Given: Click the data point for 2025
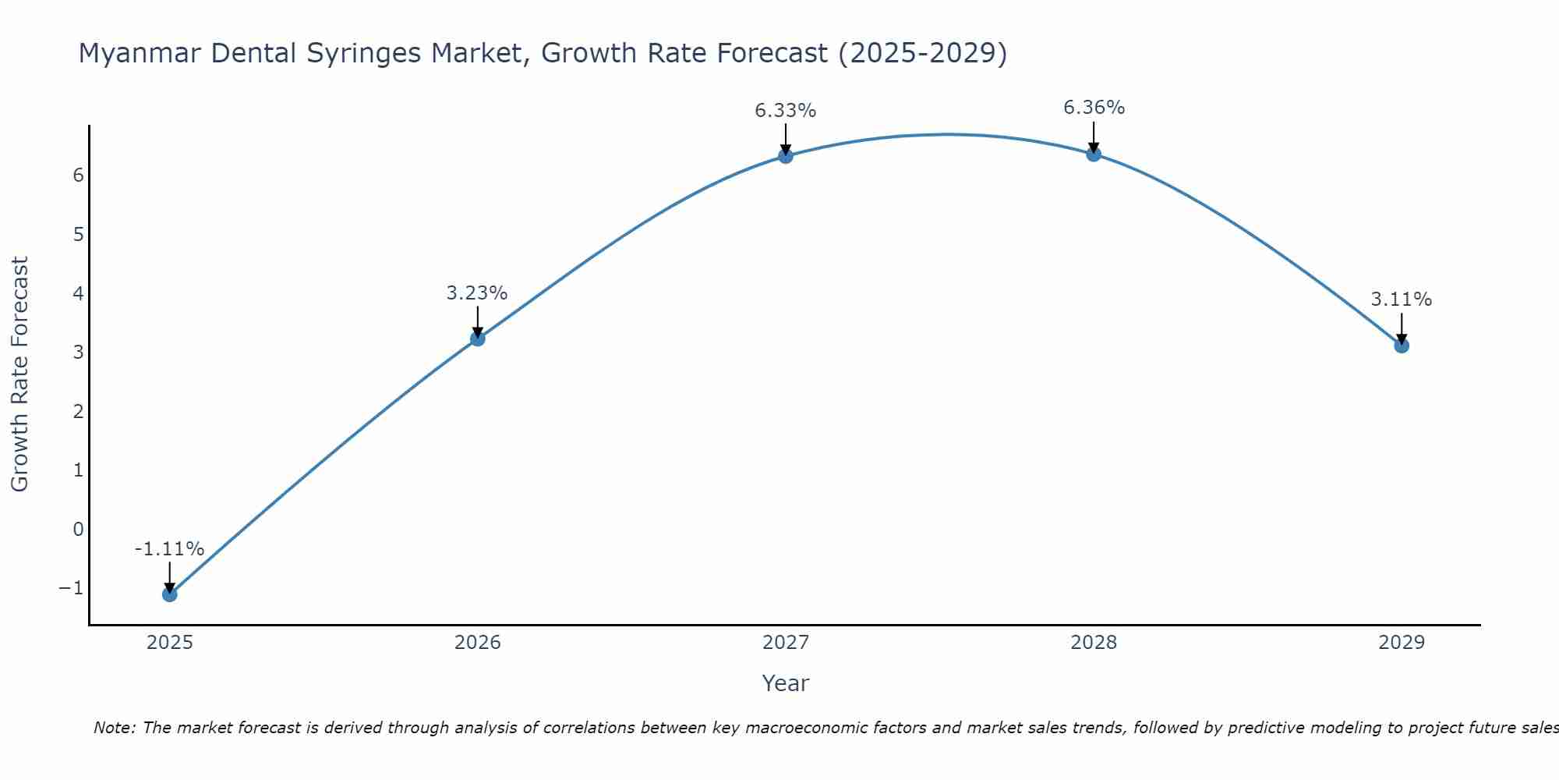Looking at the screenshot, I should pos(170,594).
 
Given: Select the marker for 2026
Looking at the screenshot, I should pos(478,339).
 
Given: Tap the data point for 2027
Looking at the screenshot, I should pos(786,156).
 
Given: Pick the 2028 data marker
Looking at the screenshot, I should pos(1094,154).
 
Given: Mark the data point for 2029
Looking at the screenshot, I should pos(1402,346).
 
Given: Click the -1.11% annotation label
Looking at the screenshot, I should pos(169,549).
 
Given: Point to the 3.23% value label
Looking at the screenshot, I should pos(477,293).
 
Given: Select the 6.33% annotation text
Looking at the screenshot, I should pos(785,111).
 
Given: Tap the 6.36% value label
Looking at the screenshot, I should pos(1094,108).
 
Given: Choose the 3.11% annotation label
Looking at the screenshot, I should pos(1401,300).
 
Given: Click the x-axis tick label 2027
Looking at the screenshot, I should pos(786,643).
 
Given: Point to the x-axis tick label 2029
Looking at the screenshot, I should pos(1402,643).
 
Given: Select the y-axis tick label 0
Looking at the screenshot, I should pos(78,530).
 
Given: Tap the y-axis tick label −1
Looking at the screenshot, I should pos(71,588).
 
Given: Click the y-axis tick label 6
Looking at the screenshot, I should pos(78,175).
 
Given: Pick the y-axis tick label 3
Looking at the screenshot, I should pos(78,352).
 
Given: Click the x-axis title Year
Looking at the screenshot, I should pos(786,683).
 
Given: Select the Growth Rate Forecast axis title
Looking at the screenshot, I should pos(19,374).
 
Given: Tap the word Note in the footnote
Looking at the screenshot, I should pos(114,728).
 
